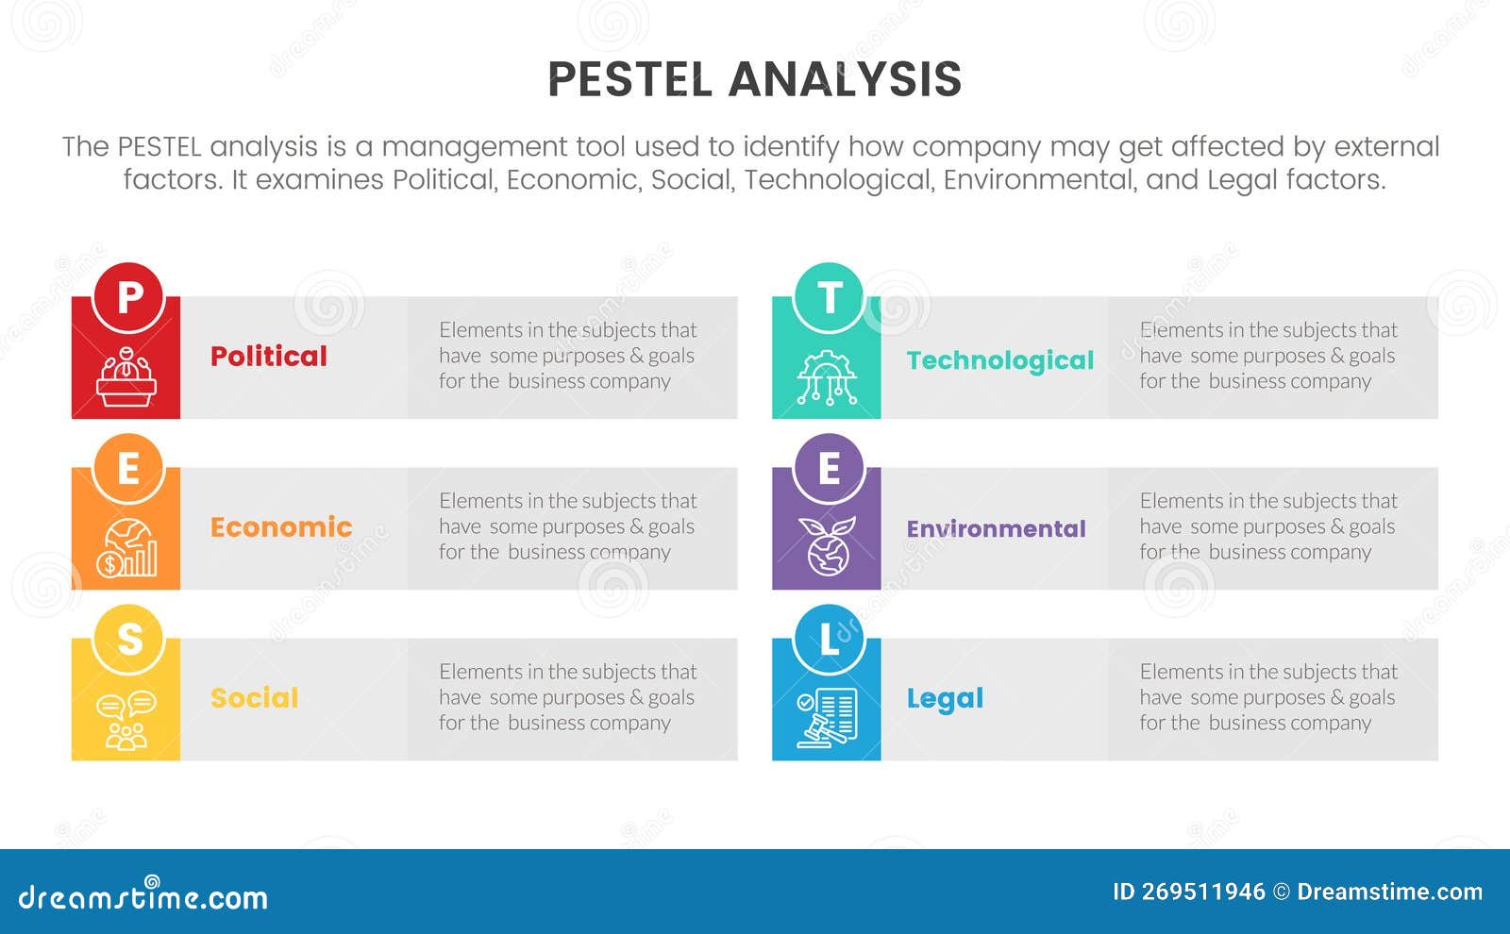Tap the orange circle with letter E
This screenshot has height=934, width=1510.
128,468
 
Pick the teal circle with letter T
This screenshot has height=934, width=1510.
830,297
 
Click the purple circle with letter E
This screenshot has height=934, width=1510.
830,468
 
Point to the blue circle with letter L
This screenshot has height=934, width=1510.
830,639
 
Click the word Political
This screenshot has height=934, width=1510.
269,357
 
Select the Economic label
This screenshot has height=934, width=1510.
281,527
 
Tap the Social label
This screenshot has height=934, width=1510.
255,698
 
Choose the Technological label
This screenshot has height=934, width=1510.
1000,360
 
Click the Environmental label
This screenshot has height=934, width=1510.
997,529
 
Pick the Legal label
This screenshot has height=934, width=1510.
945,699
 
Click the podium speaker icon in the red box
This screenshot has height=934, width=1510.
126,377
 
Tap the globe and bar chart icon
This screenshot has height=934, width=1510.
126,548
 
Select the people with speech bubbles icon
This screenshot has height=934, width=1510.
126,720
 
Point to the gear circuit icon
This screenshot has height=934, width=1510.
827,378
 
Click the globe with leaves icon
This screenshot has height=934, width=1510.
828,547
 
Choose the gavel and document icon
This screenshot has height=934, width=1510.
827,719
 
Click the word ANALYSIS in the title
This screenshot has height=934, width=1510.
846,79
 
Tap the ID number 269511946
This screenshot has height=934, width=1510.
1203,892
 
